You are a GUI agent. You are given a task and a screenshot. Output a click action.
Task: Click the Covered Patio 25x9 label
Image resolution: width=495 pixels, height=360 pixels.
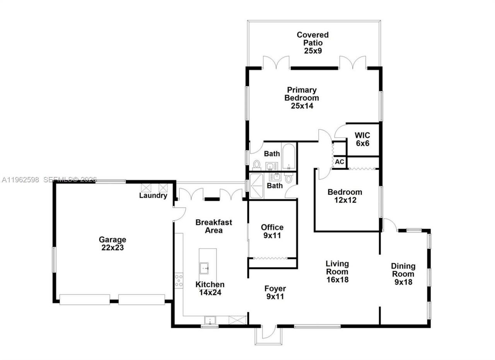click(312, 43)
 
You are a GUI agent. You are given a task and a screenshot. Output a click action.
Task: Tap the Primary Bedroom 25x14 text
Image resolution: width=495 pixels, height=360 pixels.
click(302, 98)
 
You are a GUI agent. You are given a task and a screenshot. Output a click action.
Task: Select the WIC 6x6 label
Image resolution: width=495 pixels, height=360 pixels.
click(362, 139)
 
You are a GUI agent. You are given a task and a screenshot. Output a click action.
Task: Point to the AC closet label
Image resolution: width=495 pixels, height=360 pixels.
click(340, 162)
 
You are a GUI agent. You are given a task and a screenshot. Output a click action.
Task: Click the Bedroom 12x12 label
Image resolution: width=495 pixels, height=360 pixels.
click(345, 196)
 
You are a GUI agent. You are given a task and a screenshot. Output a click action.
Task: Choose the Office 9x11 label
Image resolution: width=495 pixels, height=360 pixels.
click(272, 231)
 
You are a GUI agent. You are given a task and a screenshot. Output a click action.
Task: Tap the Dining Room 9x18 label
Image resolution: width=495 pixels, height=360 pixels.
click(403, 274)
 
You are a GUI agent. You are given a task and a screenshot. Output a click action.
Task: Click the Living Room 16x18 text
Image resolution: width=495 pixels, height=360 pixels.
click(337, 271)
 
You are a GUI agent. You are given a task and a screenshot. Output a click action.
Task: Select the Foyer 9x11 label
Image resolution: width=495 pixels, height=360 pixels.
click(275, 293)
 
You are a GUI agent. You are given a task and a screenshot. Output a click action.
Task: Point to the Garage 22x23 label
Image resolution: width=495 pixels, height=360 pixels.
click(112, 243)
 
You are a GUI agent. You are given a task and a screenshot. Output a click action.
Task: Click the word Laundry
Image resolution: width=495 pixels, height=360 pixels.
click(153, 195)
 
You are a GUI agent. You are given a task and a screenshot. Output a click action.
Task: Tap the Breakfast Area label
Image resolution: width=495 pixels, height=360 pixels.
click(213, 226)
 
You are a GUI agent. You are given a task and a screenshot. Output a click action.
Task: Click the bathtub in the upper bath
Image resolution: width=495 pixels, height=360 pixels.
click(289, 157)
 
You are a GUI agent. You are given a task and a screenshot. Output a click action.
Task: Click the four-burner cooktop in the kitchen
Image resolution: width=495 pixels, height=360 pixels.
click(179, 280)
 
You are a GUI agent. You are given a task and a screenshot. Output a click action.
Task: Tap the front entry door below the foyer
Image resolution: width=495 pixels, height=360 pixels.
click(268, 332)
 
